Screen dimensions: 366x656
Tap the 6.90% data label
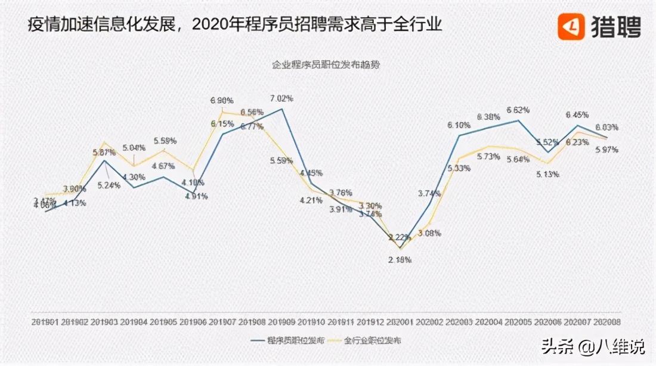[222, 100]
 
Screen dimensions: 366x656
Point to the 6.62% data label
[518, 110]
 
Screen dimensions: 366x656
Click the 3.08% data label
[429, 232]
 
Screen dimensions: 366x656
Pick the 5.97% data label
[607, 149]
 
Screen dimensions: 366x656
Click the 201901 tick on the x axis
[45, 321]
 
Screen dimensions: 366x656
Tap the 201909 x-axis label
[281, 321]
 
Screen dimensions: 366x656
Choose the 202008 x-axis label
[607, 321]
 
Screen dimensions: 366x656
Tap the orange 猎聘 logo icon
[571, 26]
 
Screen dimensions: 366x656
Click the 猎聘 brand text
[615, 26]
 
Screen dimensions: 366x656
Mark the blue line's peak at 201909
[281, 108]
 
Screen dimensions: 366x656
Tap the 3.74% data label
[429, 193]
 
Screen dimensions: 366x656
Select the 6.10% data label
[459, 125]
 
